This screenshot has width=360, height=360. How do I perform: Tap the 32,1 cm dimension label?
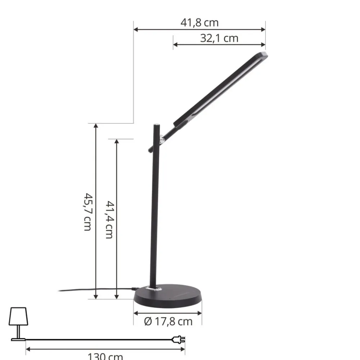click(219, 38)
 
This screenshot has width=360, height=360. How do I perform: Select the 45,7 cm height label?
click(87, 212)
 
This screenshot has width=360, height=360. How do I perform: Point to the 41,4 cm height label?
click(109, 219)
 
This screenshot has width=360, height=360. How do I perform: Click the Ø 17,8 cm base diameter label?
click(168, 321)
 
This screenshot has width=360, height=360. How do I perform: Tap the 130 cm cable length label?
click(105, 356)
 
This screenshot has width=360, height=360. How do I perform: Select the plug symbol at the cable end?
click(179, 339)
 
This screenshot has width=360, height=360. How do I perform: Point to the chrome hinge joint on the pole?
click(162, 138)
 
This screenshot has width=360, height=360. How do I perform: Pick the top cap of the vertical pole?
click(156, 125)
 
